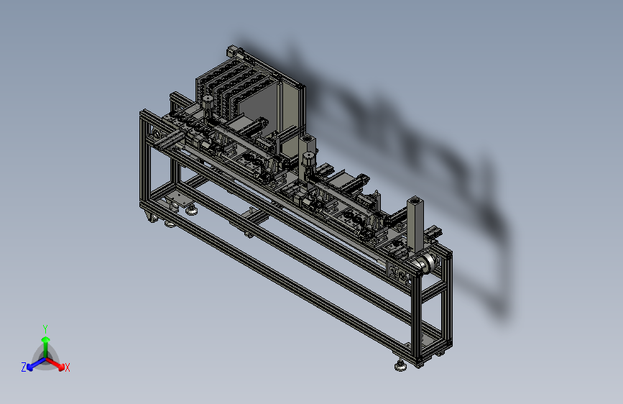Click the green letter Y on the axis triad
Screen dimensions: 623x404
(x=45, y=329)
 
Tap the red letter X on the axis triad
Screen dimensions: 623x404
(x=67, y=367)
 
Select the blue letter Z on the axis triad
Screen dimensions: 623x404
(x=24, y=367)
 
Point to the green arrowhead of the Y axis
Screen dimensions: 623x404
(x=46, y=340)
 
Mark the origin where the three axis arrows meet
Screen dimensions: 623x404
(x=46, y=358)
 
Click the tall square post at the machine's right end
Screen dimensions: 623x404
(x=415, y=225)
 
